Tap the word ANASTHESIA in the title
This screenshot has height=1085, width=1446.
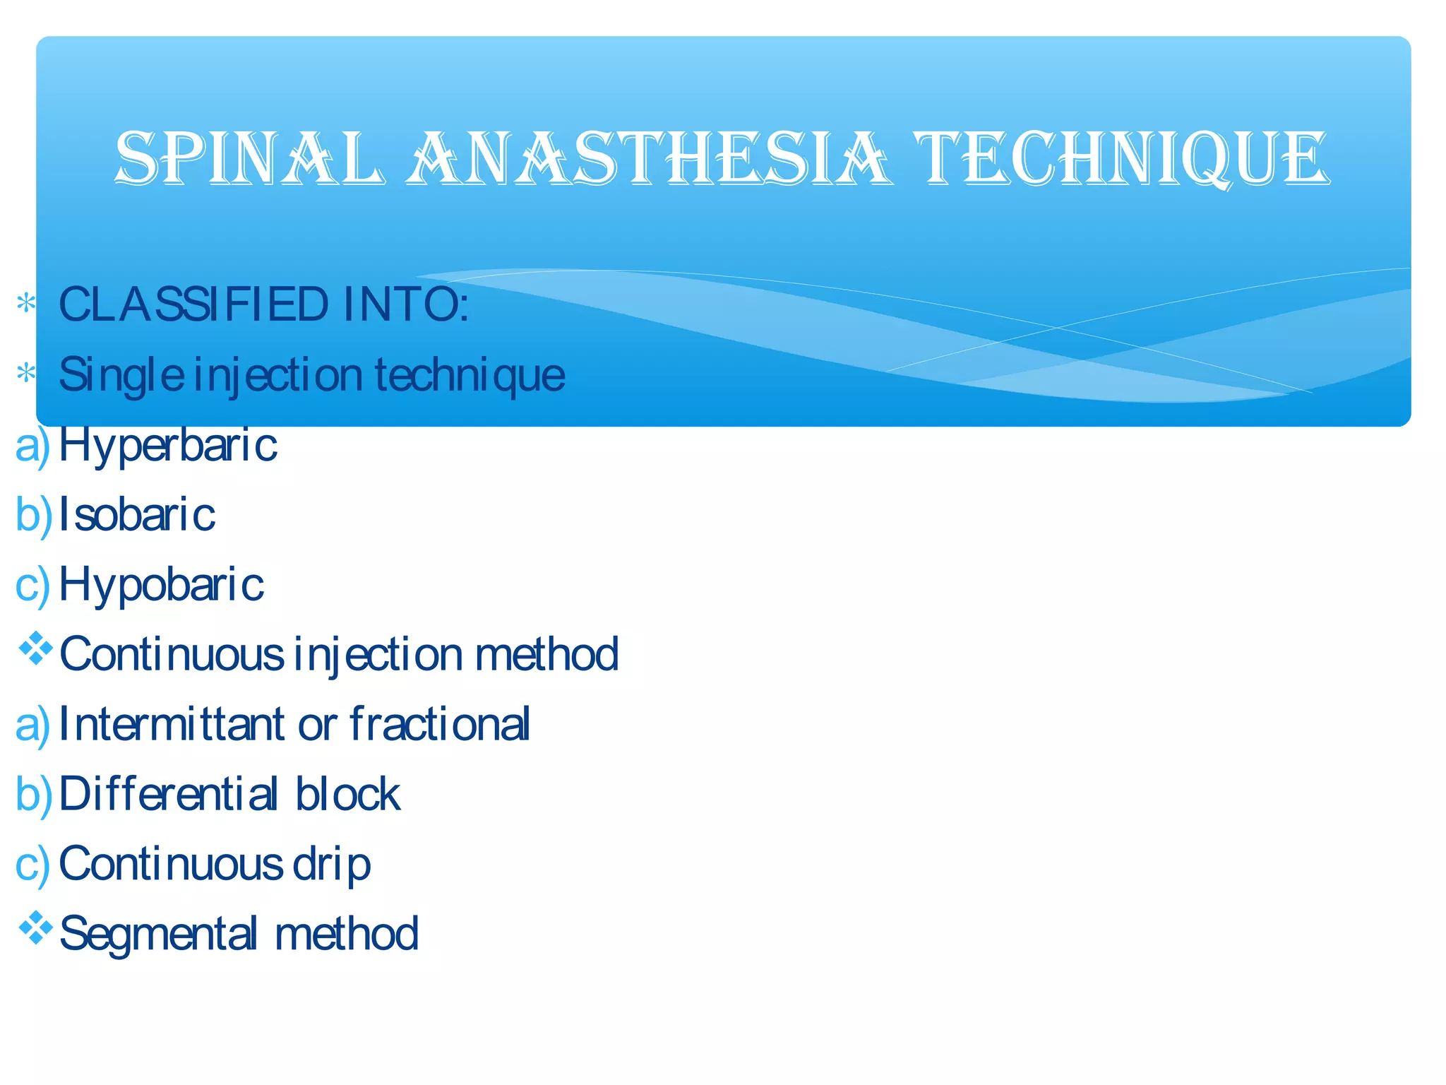click(648, 158)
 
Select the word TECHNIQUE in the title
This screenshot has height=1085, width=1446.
click(1123, 158)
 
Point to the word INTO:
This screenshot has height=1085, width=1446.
click(406, 304)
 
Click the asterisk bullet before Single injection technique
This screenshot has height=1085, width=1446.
click(26, 372)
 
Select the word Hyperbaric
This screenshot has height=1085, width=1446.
click(168, 445)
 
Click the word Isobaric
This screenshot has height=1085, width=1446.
click(137, 514)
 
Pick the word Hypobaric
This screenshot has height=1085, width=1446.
click(162, 585)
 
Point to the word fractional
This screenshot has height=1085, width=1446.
click(439, 724)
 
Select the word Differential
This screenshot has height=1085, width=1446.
click(168, 794)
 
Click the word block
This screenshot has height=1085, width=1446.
click(347, 794)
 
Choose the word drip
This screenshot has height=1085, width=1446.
click(331, 865)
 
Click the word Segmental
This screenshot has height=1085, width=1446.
click(158, 934)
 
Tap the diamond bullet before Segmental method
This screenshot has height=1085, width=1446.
click(35, 928)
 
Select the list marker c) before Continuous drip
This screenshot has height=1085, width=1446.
click(32, 865)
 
